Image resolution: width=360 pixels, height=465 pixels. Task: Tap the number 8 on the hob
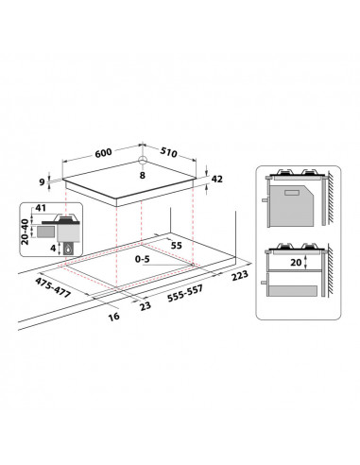[x=142, y=175]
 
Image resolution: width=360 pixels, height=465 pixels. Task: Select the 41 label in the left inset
[x=39, y=208]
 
